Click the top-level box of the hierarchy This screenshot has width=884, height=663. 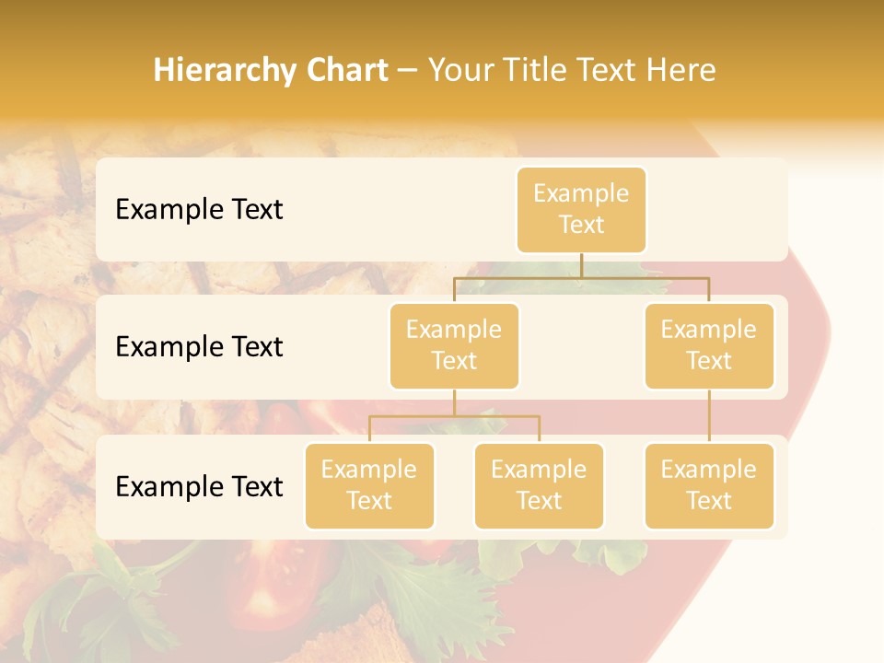pos(581,209)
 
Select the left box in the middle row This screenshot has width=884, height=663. pos(454,345)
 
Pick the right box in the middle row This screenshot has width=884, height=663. pos(709,345)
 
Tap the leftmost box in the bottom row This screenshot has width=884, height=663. pos(369,485)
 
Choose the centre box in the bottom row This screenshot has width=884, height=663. pos(539,485)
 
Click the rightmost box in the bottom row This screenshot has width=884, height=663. pos(709,485)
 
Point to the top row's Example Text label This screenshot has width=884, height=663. pos(199,210)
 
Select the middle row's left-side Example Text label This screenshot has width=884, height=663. pos(199,347)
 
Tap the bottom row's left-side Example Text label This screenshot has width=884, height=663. pos(199,487)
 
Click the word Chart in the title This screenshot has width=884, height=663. pos(347,70)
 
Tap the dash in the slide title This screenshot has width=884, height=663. pos(408,70)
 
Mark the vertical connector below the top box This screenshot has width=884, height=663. pos(581,265)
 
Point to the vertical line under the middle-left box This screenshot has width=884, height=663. pos(454,402)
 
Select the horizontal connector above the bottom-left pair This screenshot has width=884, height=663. pos(454,416)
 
